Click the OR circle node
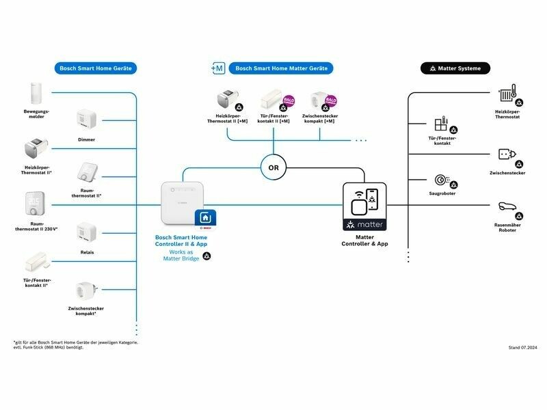273,166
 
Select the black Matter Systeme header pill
455,68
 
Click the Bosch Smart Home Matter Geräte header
281,68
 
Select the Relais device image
86,233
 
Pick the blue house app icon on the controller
206,218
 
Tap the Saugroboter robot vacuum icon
440,180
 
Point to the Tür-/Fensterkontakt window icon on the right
440,125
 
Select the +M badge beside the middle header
217,68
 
